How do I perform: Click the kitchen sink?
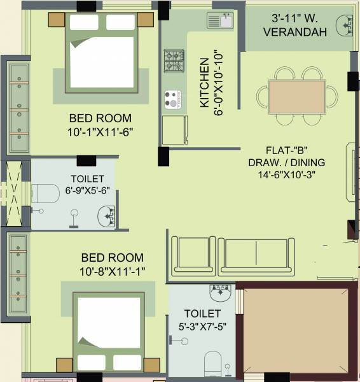click(220, 20)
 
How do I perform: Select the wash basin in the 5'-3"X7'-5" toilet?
click(220, 294)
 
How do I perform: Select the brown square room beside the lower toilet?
click(296, 330)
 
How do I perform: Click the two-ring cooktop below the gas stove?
click(173, 99)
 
